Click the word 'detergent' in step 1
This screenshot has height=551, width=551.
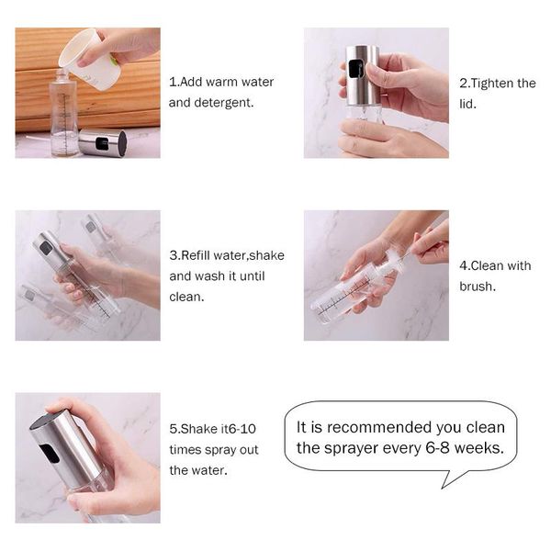(223, 103)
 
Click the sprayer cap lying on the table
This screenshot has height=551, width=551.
(102, 142)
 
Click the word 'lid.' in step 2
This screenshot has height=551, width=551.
(467, 104)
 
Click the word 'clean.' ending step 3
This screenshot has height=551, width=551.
(186, 297)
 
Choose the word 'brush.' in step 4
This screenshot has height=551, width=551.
(478, 287)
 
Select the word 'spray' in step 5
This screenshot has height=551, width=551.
(220, 450)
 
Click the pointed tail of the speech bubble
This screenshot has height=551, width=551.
(442, 488)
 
